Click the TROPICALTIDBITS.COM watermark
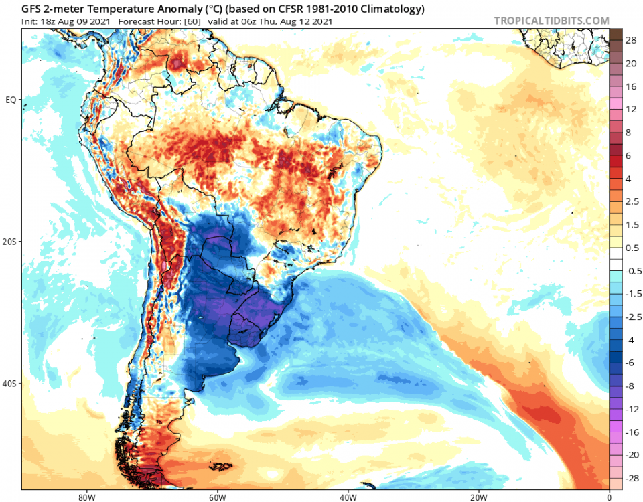pyautogui.click(x=551, y=21)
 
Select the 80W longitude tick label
pyautogui.click(x=84, y=497)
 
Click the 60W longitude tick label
pyautogui.click(x=216, y=497)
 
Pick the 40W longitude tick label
pyautogui.click(x=347, y=497)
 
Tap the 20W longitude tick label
pyautogui.click(x=478, y=497)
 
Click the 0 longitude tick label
pyautogui.click(x=609, y=497)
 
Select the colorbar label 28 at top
pyautogui.click(x=631, y=41)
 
